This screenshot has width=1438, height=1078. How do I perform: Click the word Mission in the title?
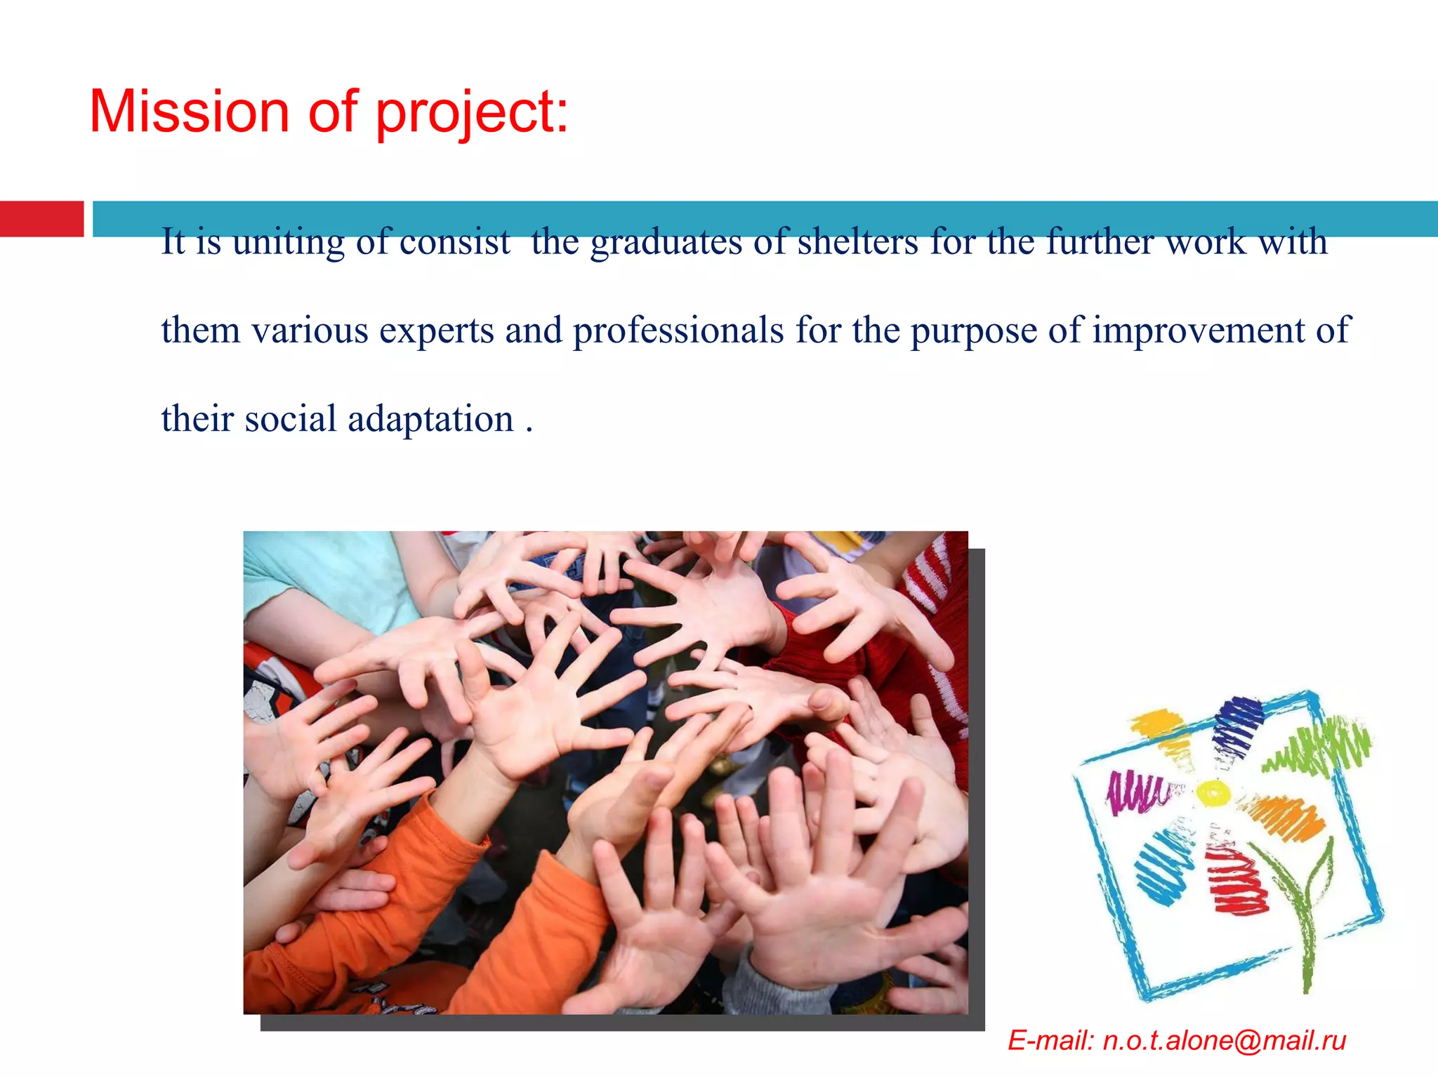click(189, 112)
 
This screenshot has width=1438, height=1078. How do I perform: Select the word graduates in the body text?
click(666, 243)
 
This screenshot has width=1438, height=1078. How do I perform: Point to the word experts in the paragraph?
click(436, 331)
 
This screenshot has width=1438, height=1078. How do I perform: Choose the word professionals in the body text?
click(678, 331)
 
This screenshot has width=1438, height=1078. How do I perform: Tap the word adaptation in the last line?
click(430, 419)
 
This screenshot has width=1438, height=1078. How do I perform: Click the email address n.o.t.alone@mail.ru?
click(1224, 1040)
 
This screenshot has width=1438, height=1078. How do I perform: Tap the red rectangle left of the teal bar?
click(41, 219)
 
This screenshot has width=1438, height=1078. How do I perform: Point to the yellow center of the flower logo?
click(1213, 793)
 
